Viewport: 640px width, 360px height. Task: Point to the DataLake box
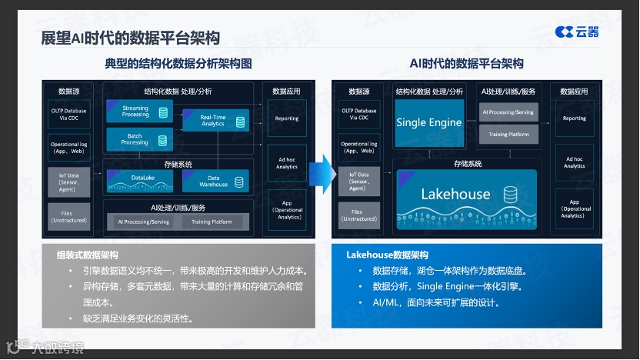(141, 181)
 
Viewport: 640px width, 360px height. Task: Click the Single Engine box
(428, 122)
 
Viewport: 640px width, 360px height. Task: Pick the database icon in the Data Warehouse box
(238, 182)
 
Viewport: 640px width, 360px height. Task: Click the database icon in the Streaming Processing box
(163, 113)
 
